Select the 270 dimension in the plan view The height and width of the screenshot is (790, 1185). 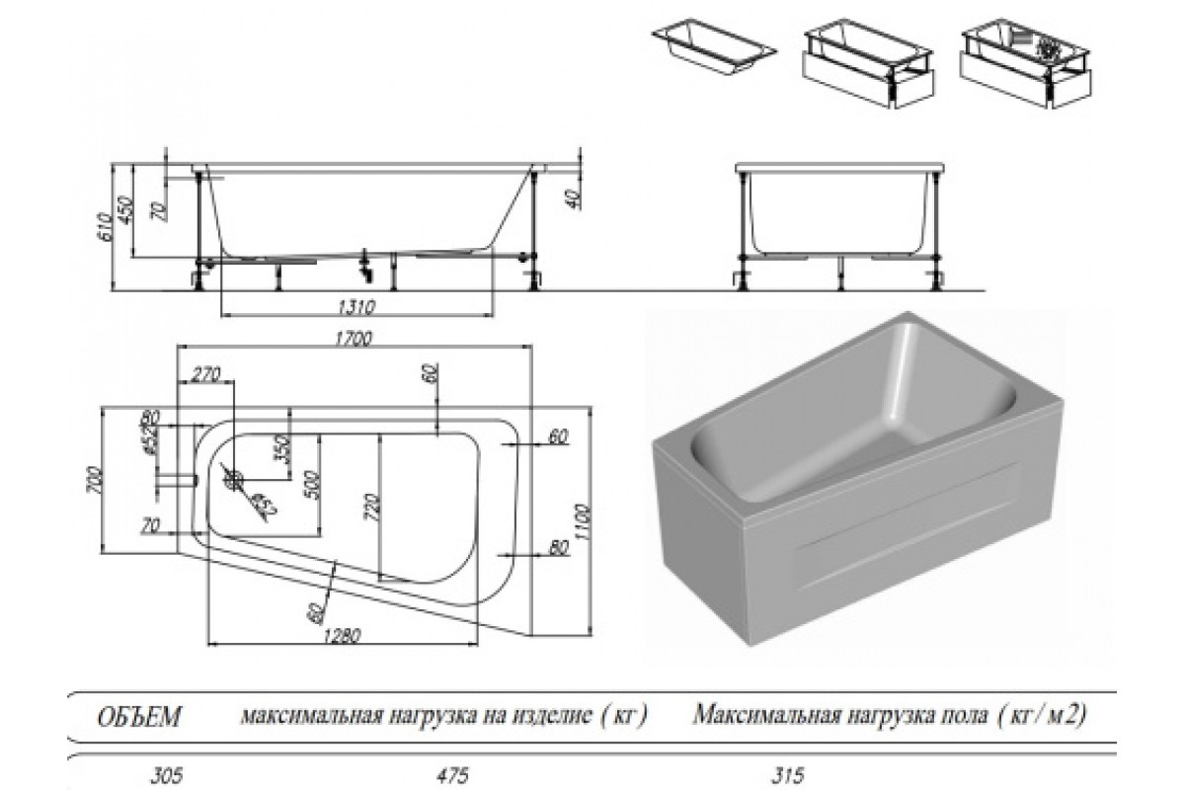point(205,375)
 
